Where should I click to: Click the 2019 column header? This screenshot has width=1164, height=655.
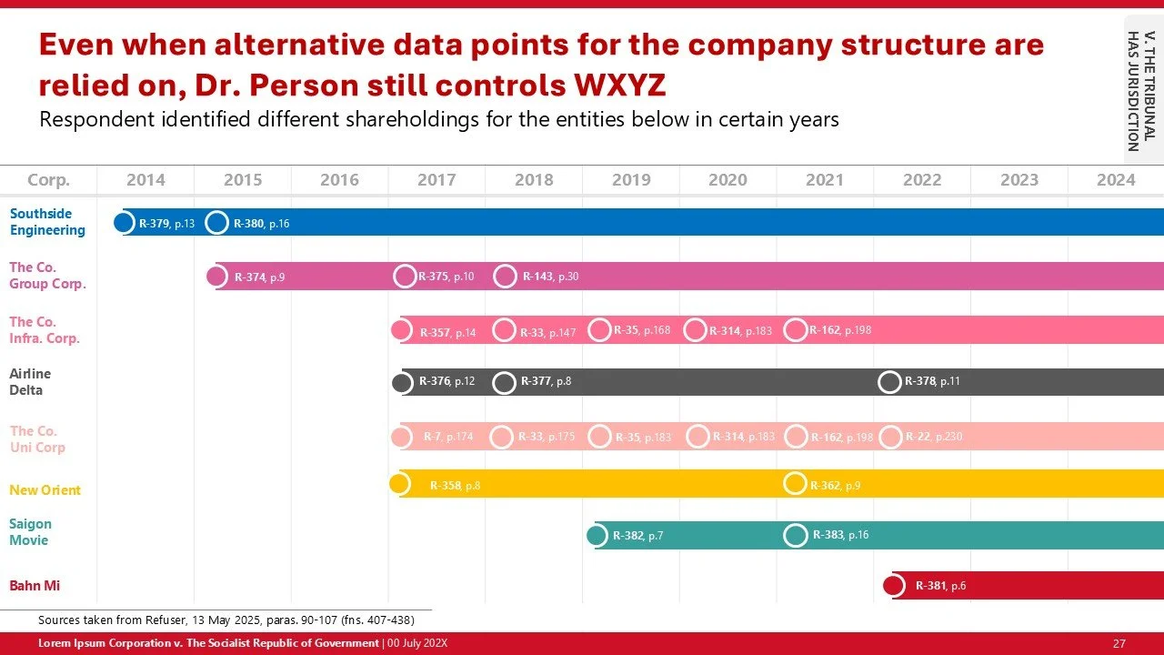tap(631, 180)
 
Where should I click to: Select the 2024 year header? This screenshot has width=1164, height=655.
tap(1116, 180)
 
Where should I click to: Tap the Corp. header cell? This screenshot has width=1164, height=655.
tap(48, 180)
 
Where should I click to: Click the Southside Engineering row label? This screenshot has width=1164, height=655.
tap(47, 222)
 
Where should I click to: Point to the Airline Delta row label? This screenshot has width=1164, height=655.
tap(30, 382)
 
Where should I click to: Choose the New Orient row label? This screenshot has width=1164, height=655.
tap(45, 490)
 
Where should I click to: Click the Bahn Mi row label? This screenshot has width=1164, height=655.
tap(35, 586)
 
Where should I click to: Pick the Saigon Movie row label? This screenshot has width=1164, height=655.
tap(30, 532)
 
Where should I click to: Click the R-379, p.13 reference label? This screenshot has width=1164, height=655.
tap(166, 223)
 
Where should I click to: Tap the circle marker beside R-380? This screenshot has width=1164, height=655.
tap(216, 222)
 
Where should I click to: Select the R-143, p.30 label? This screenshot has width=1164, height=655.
tap(550, 277)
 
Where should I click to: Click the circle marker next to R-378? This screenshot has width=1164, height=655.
tap(889, 382)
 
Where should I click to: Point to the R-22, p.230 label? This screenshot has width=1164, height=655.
tap(933, 437)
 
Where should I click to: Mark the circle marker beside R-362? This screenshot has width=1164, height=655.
tap(795, 484)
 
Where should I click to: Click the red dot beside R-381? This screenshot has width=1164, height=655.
tap(893, 585)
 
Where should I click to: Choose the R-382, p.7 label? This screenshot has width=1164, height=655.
tap(637, 536)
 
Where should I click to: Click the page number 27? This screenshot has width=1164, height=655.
tap(1119, 643)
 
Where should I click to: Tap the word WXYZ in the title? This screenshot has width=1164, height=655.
tap(619, 85)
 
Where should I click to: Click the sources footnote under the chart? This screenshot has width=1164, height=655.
tap(226, 620)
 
